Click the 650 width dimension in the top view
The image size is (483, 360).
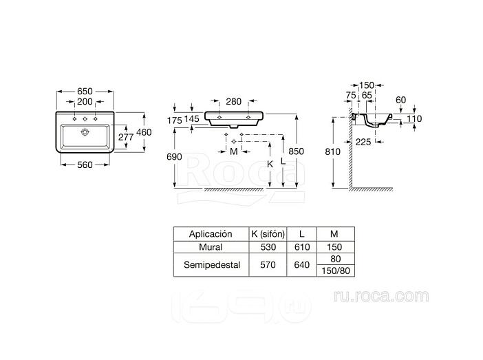(x=85, y=92)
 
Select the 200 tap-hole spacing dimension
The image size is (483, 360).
(x=85, y=101)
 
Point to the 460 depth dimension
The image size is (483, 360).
(x=144, y=132)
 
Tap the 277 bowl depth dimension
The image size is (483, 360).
(x=126, y=137)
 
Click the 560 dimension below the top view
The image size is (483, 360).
(x=85, y=165)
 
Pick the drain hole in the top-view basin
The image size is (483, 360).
(x=85, y=132)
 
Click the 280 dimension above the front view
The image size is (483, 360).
(x=233, y=101)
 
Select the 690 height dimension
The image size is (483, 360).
(x=174, y=157)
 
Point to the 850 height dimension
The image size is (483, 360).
(x=296, y=151)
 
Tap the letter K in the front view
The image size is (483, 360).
(x=270, y=165)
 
